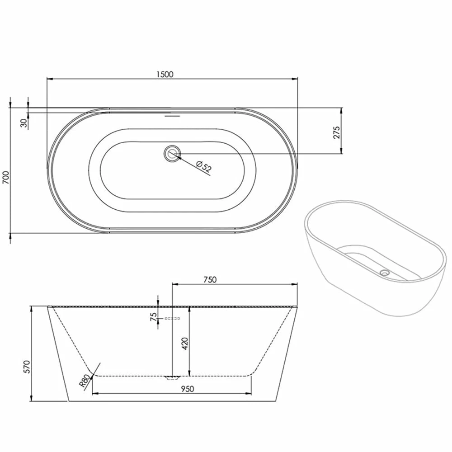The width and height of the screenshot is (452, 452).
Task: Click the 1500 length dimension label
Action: point(165,75)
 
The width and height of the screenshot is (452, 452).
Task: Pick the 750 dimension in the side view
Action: point(210,279)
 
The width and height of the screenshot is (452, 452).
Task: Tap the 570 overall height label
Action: point(26,367)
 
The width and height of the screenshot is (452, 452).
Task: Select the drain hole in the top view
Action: point(172,153)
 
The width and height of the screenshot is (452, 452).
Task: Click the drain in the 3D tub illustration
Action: point(385,272)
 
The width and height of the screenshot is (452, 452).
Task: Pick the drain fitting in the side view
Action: point(172,377)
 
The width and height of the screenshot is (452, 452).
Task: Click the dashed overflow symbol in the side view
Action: point(172,319)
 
